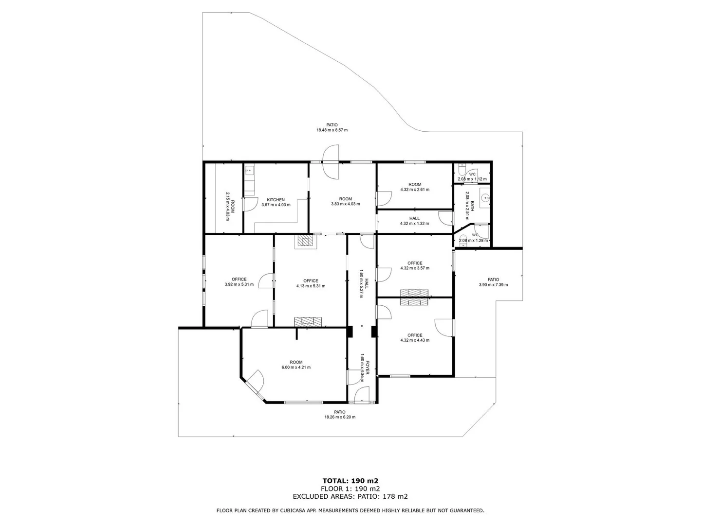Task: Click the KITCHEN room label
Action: (276, 200)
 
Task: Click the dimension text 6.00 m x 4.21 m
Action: (296, 367)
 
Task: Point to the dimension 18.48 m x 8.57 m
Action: (332, 130)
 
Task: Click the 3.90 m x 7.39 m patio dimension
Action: (493, 285)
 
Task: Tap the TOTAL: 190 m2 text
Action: (350, 481)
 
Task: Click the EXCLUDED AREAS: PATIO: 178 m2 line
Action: (350, 496)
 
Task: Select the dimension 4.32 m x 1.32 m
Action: (414, 224)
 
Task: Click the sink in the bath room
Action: (484, 198)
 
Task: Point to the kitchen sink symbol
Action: (249, 170)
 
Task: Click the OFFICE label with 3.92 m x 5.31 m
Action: (239, 279)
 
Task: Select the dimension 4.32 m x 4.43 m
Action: (414, 340)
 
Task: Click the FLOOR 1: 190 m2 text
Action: (350, 489)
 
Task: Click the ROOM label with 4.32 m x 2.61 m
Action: (415, 184)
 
